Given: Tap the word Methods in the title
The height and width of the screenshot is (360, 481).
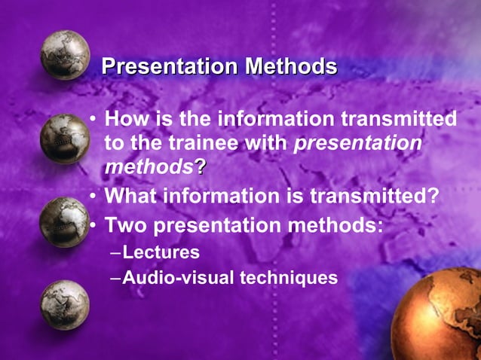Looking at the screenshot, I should (290, 67).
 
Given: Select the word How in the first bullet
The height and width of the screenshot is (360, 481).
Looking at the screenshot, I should (124, 120).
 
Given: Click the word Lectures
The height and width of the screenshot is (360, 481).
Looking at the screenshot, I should (161, 252).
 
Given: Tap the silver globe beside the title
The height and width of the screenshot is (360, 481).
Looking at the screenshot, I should (65, 55).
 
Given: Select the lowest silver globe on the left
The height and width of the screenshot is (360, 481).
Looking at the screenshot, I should (65, 304).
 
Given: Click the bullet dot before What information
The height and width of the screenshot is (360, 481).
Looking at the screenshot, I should (93, 197).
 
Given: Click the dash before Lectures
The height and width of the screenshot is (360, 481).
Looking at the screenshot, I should (115, 252).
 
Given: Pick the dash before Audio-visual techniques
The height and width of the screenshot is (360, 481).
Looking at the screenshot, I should (115, 278).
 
